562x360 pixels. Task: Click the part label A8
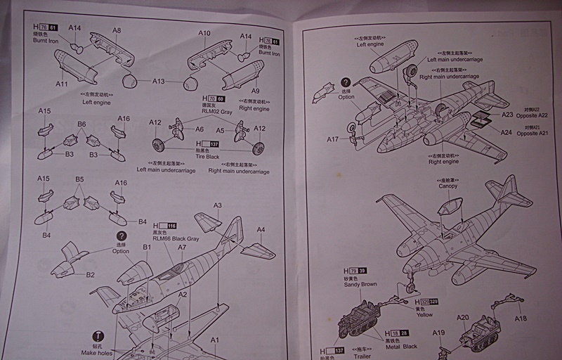click(x=117, y=30)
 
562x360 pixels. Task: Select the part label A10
click(x=204, y=33)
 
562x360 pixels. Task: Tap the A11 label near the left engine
click(x=63, y=84)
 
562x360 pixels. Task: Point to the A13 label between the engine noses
click(x=159, y=82)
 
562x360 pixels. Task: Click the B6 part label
click(x=81, y=124)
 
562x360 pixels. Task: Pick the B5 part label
click(x=79, y=179)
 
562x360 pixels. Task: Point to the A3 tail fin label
click(x=218, y=205)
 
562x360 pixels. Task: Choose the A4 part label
click(x=261, y=229)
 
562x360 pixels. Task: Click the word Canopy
click(x=447, y=186)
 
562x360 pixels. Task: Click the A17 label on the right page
click(x=333, y=139)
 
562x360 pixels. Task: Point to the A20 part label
click(x=462, y=317)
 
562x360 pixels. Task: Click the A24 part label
click(x=506, y=132)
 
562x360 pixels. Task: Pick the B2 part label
click(x=91, y=275)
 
